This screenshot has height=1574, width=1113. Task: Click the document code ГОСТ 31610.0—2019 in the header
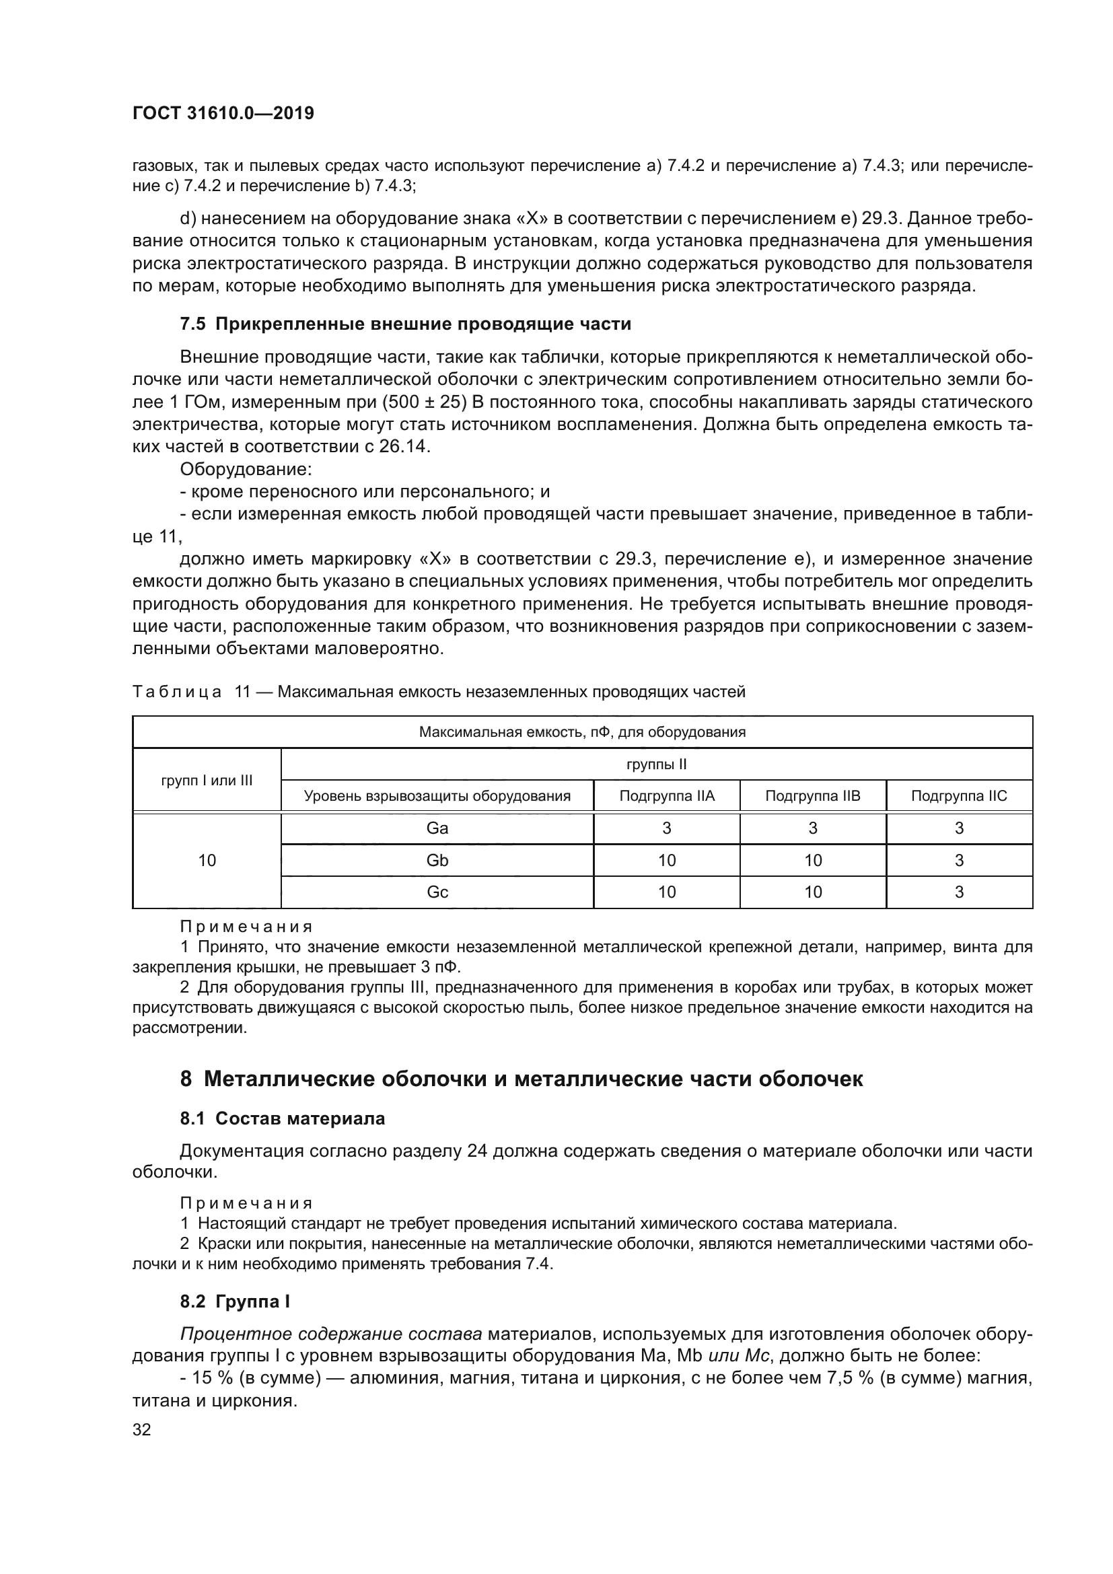click(x=223, y=114)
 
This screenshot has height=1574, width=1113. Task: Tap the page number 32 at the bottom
click(x=142, y=1430)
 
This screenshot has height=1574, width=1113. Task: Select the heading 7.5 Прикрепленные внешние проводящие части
click(x=405, y=324)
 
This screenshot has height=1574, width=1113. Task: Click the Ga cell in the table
click(x=437, y=828)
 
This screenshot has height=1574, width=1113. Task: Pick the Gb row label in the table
click(x=437, y=861)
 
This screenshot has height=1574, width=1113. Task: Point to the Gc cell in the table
click(x=437, y=892)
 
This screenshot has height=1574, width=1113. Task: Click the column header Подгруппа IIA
click(x=667, y=796)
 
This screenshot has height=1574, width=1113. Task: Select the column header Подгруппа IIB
click(x=813, y=796)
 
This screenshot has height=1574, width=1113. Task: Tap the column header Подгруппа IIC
click(x=959, y=796)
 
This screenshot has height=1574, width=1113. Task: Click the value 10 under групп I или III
click(x=207, y=861)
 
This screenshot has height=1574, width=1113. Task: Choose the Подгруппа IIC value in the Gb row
click(x=959, y=861)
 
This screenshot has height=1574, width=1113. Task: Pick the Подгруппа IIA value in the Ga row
click(x=667, y=828)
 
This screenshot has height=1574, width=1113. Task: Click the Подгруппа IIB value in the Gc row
click(x=813, y=892)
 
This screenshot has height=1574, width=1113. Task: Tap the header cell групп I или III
click(x=207, y=780)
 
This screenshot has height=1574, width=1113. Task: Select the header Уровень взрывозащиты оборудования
click(x=437, y=796)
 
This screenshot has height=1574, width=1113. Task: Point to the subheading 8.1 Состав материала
click(x=283, y=1119)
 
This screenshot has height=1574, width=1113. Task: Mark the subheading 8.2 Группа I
click(x=234, y=1301)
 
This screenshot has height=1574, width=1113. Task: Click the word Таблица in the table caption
click(x=177, y=692)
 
